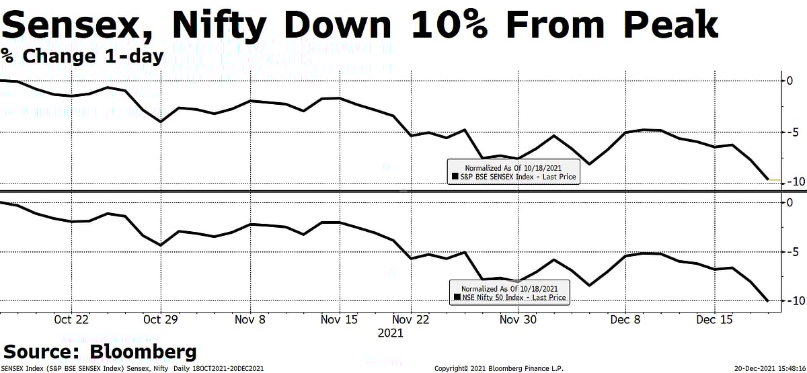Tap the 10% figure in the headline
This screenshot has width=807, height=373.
(438, 25)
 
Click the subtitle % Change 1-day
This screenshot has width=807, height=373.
(82, 56)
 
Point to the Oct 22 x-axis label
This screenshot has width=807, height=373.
(72, 321)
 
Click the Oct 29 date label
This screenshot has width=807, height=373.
(161, 321)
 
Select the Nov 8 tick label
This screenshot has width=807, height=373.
(249, 321)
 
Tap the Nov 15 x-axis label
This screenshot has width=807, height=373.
(340, 321)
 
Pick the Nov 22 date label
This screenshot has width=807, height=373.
(428, 321)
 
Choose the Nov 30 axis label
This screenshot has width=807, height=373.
(518, 321)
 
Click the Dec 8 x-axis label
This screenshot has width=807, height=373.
(625, 321)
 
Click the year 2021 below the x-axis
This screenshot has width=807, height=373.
(390, 333)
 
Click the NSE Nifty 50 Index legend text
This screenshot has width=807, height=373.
(514, 297)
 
